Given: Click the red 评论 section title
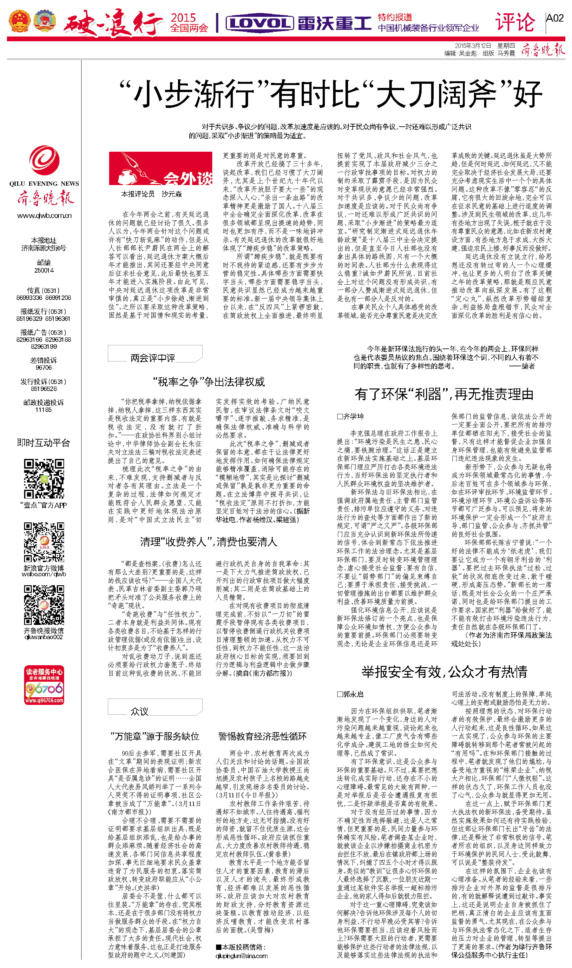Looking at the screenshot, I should (515, 22).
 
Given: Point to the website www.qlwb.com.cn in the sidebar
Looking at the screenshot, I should (44, 215).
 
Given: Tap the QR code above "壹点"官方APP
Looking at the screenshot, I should (44, 478).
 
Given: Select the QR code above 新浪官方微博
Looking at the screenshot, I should (44, 542).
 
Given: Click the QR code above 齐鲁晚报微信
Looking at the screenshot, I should (44, 605).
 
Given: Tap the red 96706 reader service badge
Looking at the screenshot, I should (44, 685).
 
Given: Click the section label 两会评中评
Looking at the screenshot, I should (153, 358).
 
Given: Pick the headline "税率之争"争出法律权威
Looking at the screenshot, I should (209, 382).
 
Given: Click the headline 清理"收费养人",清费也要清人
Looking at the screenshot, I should (208, 542).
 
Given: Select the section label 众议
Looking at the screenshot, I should (139, 711).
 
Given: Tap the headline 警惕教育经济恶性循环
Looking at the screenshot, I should (262, 736).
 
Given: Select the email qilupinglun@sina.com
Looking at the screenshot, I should (241, 956).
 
